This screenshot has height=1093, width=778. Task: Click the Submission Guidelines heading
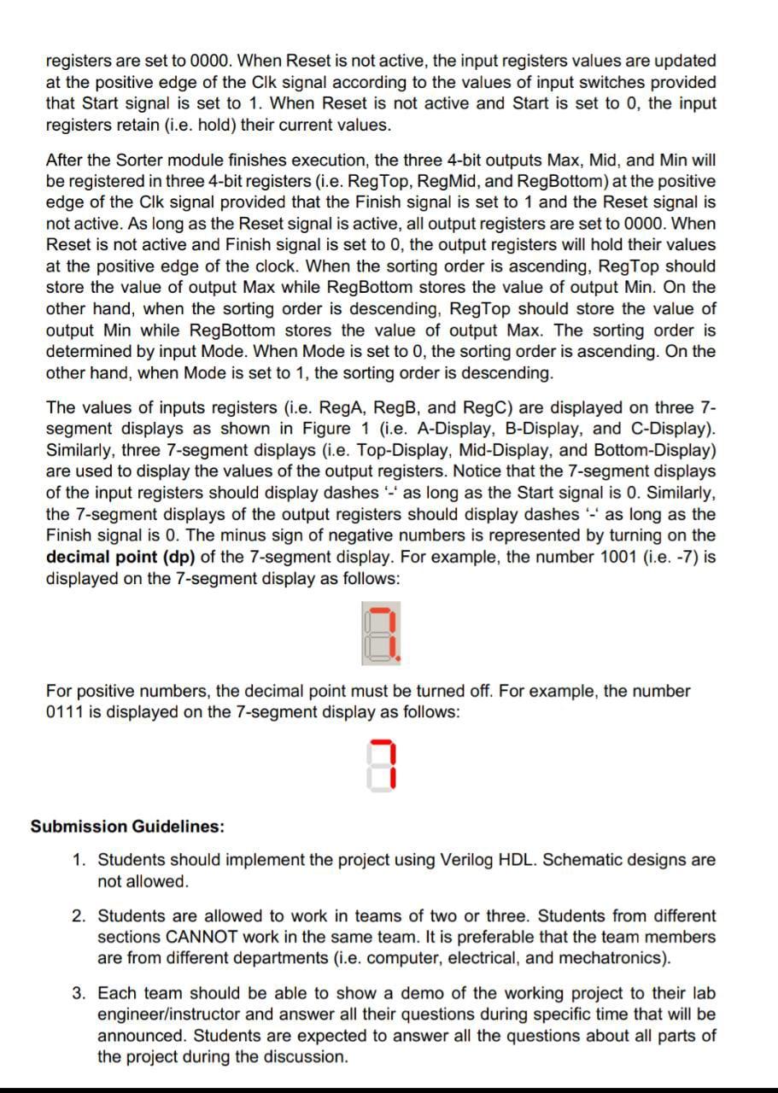128,827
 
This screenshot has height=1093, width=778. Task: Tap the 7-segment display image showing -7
380,634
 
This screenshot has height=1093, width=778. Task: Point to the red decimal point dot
397,659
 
